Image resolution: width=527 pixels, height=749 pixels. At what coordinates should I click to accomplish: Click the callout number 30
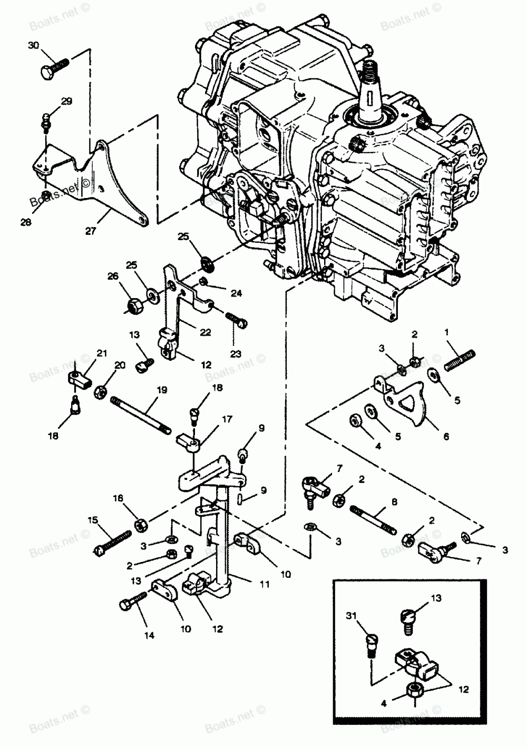coord(33,46)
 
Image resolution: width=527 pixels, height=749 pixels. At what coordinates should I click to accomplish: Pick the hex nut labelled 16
coord(141,525)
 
